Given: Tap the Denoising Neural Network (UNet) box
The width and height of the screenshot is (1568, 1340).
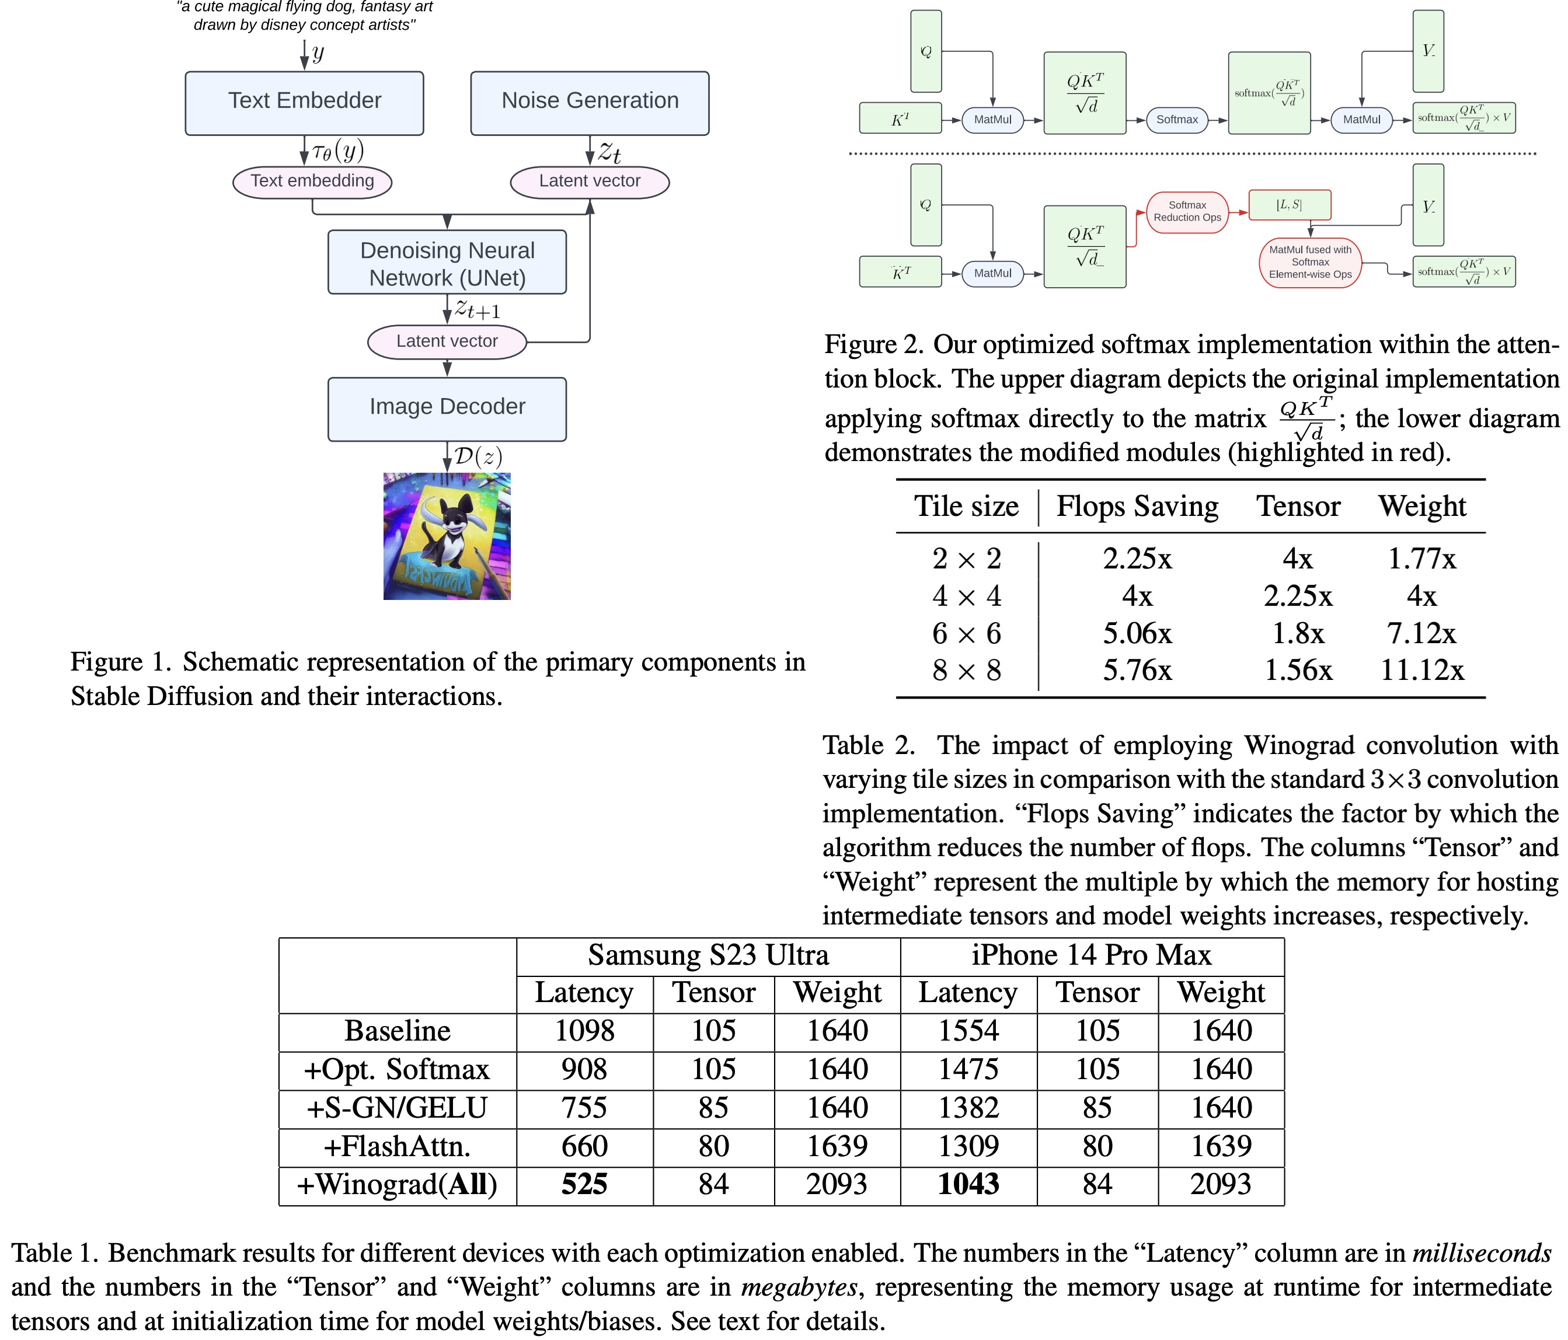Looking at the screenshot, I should (447, 263).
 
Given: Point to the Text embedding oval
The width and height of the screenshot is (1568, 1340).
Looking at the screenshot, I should (312, 182).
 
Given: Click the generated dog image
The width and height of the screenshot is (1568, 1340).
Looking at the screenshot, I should (447, 536).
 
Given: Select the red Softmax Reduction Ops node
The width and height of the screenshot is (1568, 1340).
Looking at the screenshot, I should (1187, 212).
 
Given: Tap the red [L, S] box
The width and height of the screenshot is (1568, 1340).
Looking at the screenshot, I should (1289, 205).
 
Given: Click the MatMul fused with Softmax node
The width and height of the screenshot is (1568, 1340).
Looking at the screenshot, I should (1310, 263).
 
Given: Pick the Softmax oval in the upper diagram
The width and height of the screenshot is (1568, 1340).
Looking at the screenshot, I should (1177, 120).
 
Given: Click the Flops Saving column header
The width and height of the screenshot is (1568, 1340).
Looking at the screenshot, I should (1137, 506).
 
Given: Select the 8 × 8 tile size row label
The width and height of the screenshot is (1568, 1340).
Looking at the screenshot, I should (966, 671).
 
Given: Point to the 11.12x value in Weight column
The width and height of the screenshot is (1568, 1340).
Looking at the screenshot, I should (1422, 671).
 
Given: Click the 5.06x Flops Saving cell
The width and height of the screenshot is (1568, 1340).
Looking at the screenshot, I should (1137, 633).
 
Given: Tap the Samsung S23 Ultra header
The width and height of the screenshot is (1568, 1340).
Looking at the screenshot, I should (708, 955).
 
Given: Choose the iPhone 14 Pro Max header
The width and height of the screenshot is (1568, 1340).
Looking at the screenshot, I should (1091, 955).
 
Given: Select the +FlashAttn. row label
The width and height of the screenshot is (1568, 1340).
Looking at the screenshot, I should (398, 1147).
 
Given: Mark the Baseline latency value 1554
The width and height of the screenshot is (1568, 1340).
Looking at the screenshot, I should (968, 1031).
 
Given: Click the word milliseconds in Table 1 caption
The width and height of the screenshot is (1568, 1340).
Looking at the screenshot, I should (1481, 1254).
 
